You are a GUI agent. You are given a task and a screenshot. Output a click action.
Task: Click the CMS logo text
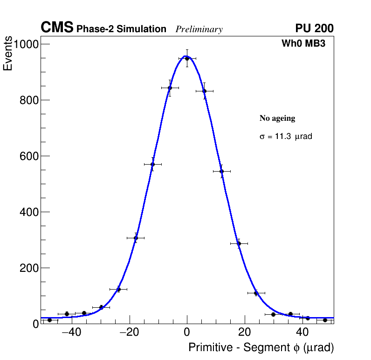click(x=57, y=28)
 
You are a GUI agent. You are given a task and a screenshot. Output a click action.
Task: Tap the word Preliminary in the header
click(x=199, y=29)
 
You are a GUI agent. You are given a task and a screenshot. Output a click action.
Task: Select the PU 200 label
click(x=314, y=28)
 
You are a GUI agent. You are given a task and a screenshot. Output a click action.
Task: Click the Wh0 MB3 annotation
click(x=303, y=43)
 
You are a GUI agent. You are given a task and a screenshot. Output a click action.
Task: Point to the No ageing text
click(x=277, y=118)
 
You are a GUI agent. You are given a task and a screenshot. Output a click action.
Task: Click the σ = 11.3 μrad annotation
click(x=286, y=137)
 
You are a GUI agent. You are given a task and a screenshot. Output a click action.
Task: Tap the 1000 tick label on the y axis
click(x=27, y=44)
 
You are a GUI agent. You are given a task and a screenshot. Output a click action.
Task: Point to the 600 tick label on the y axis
click(x=29, y=156)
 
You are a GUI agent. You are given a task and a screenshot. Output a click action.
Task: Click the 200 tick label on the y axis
click(x=29, y=268)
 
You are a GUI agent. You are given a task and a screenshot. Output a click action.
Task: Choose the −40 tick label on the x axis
click(x=69, y=332)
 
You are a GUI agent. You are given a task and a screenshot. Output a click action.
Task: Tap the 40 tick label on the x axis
click(x=302, y=332)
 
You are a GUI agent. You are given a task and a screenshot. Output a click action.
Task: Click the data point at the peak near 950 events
click(x=187, y=58)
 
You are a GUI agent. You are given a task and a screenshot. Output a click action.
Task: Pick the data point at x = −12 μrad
click(x=152, y=164)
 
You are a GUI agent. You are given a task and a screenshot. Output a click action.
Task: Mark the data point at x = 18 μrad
click(x=239, y=243)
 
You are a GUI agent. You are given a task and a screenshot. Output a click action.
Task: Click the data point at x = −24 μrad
click(x=118, y=290)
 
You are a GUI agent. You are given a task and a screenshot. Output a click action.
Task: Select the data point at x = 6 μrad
click(x=204, y=91)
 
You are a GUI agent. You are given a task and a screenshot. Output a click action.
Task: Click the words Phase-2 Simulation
click(x=121, y=29)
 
